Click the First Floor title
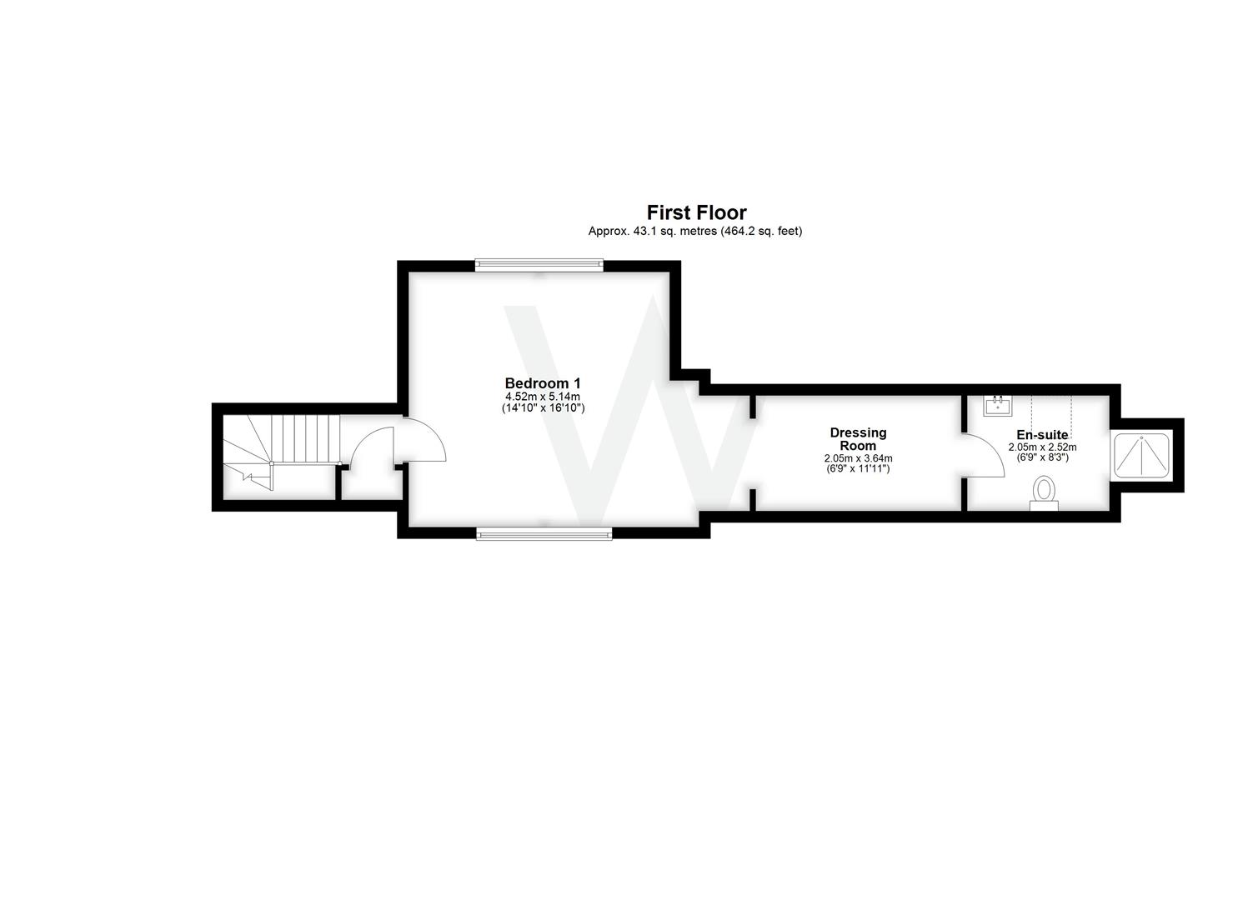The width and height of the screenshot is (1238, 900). pyautogui.click(x=696, y=212)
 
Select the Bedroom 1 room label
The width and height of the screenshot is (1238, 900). pyautogui.click(x=543, y=382)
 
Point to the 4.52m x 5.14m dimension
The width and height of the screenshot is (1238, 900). pyautogui.click(x=543, y=397)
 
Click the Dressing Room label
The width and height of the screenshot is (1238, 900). pyautogui.click(x=858, y=438)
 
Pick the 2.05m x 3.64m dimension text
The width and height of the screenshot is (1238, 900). pyautogui.click(x=858, y=458)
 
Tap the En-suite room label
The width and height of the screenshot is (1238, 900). pyautogui.click(x=1042, y=435)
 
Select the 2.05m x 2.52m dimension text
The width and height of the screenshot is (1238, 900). pyautogui.click(x=1042, y=447)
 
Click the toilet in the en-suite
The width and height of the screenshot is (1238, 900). pyautogui.click(x=1044, y=493)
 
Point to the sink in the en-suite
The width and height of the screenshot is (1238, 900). pyautogui.click(x=998, y=406)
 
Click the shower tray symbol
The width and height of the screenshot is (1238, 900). pyautogui.click(x=1141, y=455)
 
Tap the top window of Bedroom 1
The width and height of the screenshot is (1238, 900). pyautogui.click(x=539, y=265)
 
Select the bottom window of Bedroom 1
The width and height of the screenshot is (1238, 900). pyautogui.click(x=544, y=533)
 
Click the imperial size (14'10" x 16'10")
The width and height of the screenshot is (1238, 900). pyautogui.click(x=543, y=408)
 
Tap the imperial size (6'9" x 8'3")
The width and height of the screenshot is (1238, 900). pyautogui.click(x=1042, y=457)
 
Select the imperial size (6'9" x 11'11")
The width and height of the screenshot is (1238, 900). pyautogui.click(x=858, y=469)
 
